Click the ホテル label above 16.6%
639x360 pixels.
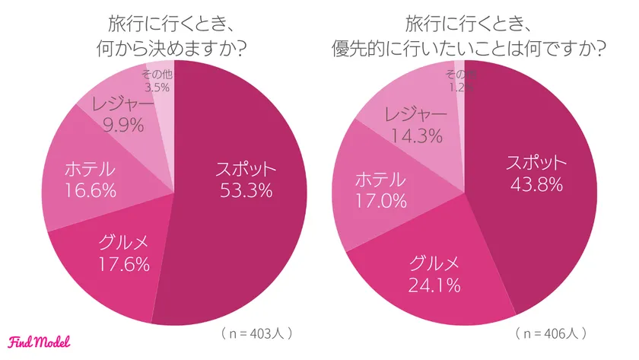pos(90,168)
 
